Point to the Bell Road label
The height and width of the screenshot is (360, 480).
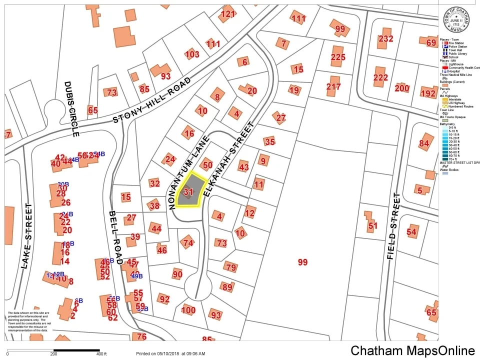tap(115, 237)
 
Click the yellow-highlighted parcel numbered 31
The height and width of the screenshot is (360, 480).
tap(189, 191)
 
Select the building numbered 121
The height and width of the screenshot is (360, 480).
tap(227, 14)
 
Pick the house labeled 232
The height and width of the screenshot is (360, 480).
tap(385, 39)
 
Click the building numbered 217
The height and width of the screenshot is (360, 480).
tap(333, 86)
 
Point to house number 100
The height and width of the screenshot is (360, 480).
tap(188, 309)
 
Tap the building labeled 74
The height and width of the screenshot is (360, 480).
tap(187, 242)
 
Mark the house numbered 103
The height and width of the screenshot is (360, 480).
tap(191, 54)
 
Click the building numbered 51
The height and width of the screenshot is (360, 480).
tap(372, 225)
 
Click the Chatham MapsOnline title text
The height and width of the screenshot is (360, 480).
tap(412, 350)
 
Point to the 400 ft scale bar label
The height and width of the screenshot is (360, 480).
tap(101, 354)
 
